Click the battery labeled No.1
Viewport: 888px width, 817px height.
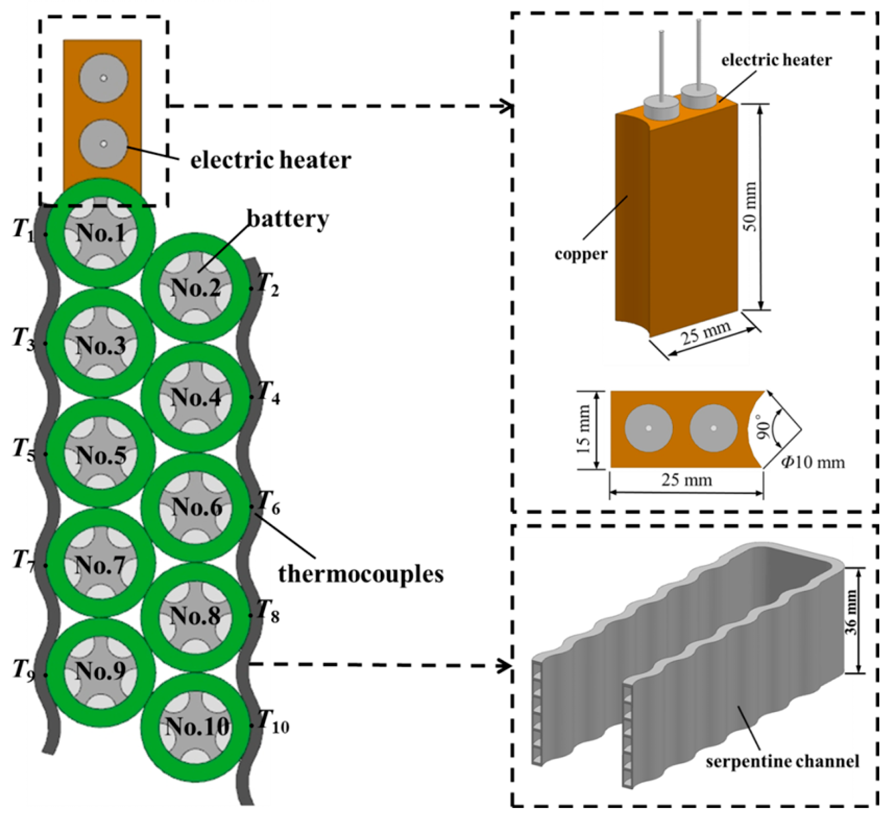click(x=101, y=233)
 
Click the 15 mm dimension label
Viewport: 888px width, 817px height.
click(x=584, y=429)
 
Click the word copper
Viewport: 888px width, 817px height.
click(x=581, y=254)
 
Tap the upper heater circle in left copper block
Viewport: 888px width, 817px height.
click(x=103, y=78)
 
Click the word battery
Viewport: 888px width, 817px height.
click(x=287, y=219)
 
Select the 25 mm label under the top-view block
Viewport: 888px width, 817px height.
click(x=686, y=480)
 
